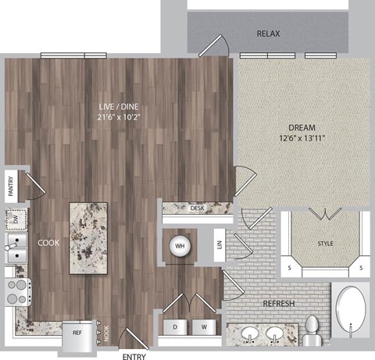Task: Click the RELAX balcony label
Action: tap(268, 34)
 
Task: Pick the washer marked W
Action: tap(203, 326)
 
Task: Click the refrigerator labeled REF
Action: tap(77, 332)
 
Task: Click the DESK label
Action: tap(197, 209)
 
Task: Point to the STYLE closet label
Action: tap(324, 244)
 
